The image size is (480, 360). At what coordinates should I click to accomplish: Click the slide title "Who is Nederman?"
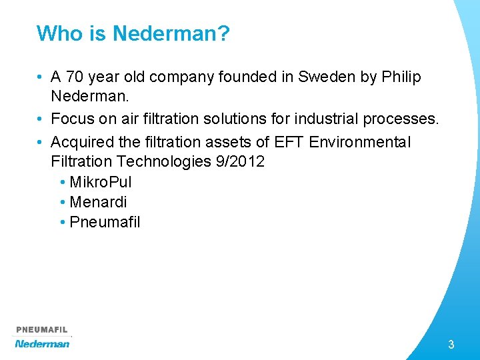133,33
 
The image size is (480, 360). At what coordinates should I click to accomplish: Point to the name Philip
401,77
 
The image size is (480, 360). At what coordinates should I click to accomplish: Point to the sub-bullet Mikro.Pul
100,182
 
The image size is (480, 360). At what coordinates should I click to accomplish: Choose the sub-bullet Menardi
97,202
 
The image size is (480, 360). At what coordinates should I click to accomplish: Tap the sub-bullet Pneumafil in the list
105,222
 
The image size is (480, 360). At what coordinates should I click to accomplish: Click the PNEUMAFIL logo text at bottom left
42,330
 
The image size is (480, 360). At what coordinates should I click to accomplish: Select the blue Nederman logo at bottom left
42,343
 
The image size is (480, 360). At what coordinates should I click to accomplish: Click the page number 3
451,345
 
